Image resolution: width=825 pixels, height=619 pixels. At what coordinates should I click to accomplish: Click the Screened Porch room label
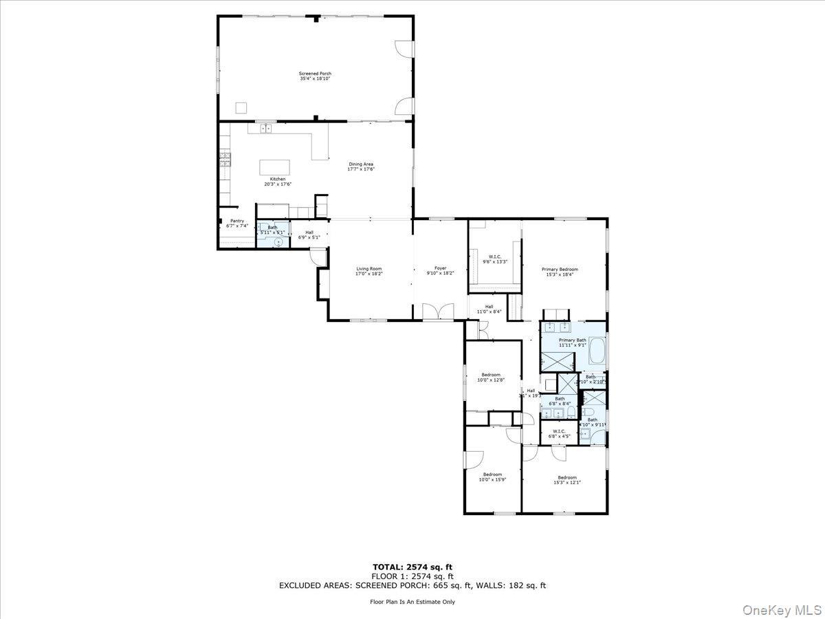click(x=315, y=76)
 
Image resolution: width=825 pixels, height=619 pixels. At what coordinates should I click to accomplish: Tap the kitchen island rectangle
click(x=274, y=168)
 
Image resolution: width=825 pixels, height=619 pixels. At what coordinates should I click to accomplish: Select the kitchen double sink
click(x=265, y=128)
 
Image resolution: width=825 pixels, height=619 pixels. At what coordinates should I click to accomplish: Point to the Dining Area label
click(x=360, y=166)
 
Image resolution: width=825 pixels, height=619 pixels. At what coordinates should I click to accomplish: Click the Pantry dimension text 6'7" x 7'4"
click(x=236, y=226)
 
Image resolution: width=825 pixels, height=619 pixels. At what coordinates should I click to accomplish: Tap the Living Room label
click(x=368, y=271)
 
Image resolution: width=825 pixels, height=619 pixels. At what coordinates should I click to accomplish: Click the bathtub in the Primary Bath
click(x=597, y=351)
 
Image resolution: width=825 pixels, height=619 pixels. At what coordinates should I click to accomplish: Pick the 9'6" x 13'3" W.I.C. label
click(x=494, y=259)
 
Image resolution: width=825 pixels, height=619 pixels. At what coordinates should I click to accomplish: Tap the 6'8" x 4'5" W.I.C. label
click(x=558, y=433)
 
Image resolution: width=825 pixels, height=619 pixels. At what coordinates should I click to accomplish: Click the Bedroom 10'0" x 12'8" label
click(x=491, y=377)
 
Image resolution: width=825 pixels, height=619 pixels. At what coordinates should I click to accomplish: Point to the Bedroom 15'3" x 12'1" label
click(x=566, y=480)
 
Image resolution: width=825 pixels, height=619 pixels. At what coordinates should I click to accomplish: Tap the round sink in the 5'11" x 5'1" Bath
click(x=278, y=242)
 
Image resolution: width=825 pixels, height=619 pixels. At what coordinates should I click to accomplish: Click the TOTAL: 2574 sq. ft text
click(x=412, y=567)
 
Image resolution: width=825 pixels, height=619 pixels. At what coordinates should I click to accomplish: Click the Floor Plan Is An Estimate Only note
click(x=412, y=602)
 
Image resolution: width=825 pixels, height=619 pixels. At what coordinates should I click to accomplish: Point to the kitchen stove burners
click(x=224, y=160)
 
